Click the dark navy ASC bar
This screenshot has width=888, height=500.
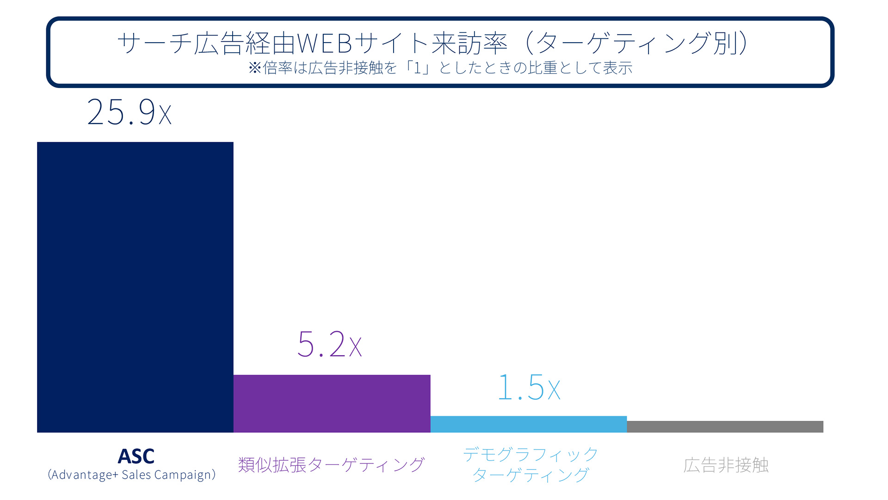pos(135,287)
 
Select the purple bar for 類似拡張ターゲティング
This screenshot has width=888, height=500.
pos(332,404)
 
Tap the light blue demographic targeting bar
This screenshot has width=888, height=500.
pos(528,424)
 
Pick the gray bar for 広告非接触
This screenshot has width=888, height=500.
pos(725,426)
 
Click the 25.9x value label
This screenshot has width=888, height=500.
pos(129,112)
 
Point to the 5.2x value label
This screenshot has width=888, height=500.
pos(329,344)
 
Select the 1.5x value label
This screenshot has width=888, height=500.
pos(529,388)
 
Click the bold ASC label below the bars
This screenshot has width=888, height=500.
pos(136,456)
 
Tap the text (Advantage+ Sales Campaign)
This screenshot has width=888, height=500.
pos(132,475)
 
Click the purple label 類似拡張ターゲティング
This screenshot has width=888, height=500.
pos(331,465)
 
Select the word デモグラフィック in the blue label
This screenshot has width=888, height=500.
pos(530,454)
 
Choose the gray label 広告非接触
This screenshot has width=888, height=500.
pos(726,465)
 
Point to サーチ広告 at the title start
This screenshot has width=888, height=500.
pos(180,44)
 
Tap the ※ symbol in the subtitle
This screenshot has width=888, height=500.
pos(255,68)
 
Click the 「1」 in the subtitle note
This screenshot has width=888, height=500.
pos(418,68)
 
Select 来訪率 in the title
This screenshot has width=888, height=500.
pos(469,44)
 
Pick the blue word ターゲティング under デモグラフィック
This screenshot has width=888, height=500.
pos(530,475)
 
